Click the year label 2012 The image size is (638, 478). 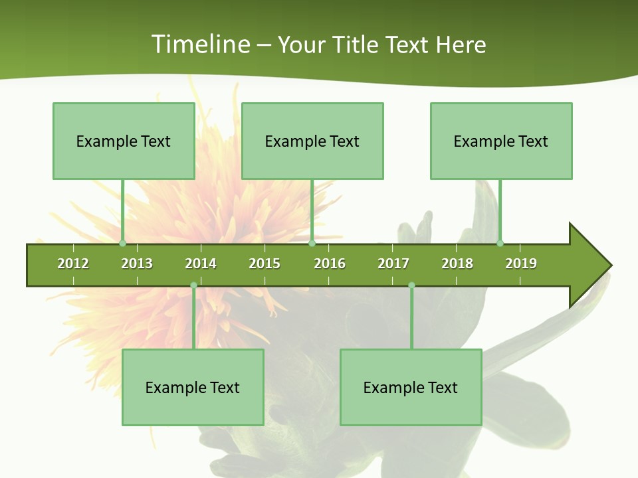[73, 264]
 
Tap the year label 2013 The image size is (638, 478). [137, 264]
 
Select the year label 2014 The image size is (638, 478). [201, 264]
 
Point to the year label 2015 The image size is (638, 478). [265, 264]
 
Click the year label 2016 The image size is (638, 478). [330, 264]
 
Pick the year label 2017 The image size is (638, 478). [393, 264]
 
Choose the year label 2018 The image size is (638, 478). [457, 264]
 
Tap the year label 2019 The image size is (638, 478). [521, 264]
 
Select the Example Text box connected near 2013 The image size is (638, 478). [124, 141]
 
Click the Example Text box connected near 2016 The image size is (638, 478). [312, 141]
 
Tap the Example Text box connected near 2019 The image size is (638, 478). [501, 141]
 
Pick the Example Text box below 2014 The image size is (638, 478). [193, 388]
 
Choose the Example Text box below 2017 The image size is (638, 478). [411, 388]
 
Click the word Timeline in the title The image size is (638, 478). [200, 44]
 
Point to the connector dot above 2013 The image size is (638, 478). [122, 244]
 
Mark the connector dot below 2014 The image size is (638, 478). [193, 285]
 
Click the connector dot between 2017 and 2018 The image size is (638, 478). [411, 285]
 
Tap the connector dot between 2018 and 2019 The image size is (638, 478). [500, 244]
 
